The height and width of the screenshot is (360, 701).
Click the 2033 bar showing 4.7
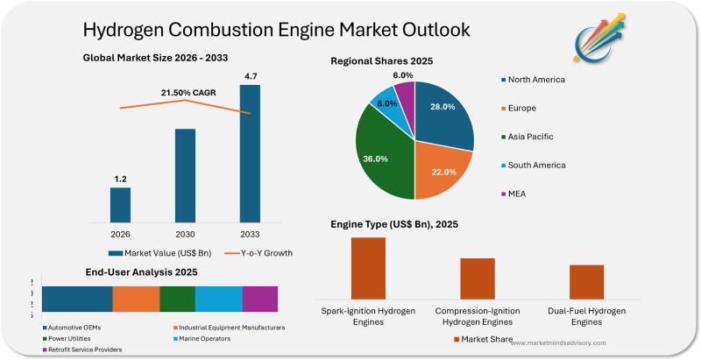click(250, 153)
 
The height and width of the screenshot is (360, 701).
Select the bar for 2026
click(120, 204)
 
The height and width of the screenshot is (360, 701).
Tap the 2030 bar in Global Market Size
click(185, 175)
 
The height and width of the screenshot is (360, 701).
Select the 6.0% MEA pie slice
click(405, 91)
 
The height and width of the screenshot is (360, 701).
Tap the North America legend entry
click(535, 80)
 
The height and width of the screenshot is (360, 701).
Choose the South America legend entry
click(536, 165)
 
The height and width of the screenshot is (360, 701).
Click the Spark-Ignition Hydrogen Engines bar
click(368, 268)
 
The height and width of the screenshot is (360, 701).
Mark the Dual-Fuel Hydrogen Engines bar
click(586, 282)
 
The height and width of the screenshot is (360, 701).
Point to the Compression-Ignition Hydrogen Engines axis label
click(477, 316)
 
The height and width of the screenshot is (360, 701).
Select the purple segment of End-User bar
click(260, 299)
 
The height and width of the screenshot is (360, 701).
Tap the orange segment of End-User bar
click(136, 299)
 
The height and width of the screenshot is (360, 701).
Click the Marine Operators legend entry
click(205, 338)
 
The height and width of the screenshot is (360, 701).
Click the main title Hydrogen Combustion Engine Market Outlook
click(276, 30)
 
